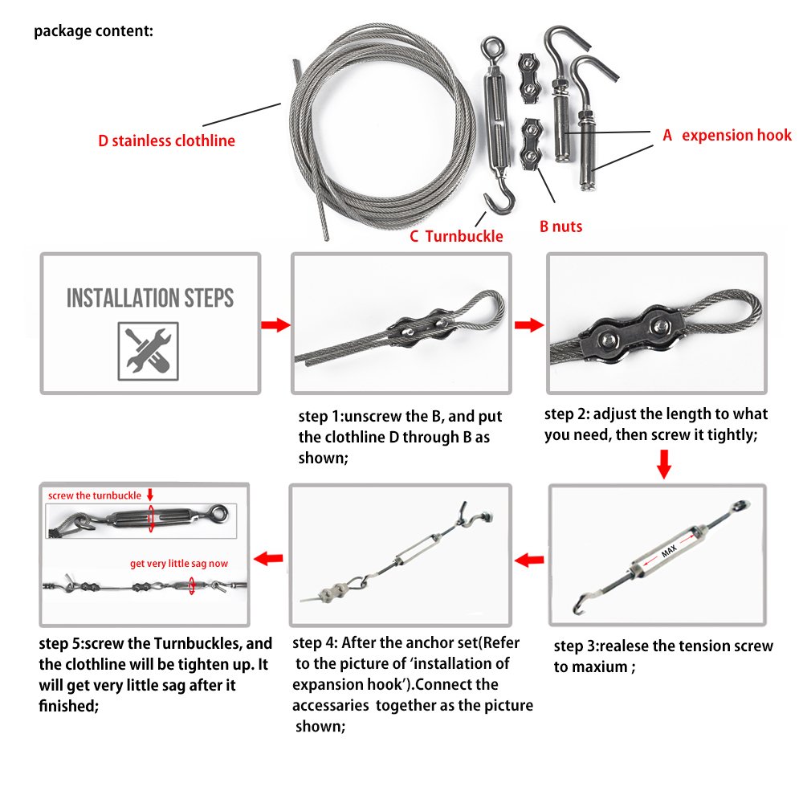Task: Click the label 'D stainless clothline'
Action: point(167,141)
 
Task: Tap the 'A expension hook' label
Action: point(727,135)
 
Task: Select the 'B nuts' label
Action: point(560,226)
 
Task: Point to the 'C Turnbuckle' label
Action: point(456,235)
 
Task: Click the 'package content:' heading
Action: point(93,32)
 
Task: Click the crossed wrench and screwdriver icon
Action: point(150,350)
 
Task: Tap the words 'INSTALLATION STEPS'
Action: point(150,299)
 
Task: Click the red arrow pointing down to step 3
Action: point(664,464)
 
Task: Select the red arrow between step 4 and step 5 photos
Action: point(268,557)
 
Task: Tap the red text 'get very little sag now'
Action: point(179,563)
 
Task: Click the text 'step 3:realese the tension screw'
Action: point(663,646)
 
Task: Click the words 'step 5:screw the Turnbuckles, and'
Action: point(156,644)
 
